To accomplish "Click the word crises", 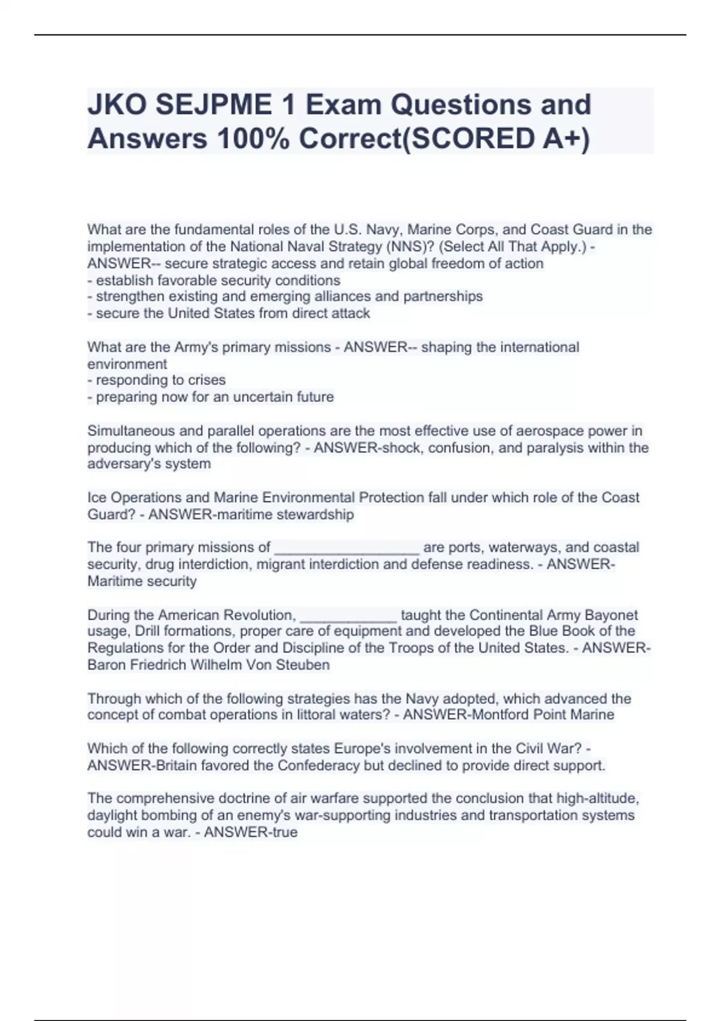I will [205, 380].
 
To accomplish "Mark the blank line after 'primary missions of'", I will [347, 548].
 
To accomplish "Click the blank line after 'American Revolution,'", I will [348, 616].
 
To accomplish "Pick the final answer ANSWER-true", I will [251, 832].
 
